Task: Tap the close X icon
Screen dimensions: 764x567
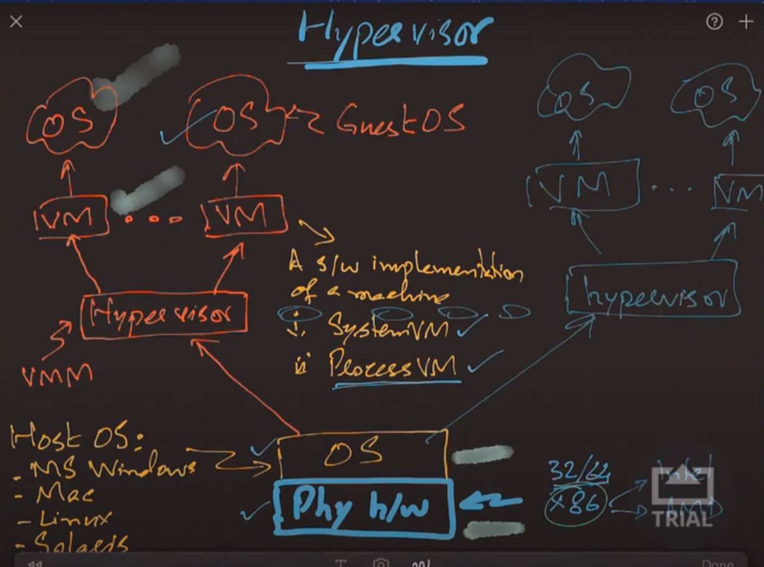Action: (x=16, y=22)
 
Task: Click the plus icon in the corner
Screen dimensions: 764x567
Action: (x=745, y=22)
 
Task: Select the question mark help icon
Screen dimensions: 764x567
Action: (x=714, y=22)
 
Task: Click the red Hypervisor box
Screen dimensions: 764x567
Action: (x=164, y=315)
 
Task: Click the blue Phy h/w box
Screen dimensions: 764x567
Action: (x=363, y=507)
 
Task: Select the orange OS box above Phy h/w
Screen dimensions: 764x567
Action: (x=362, y=454)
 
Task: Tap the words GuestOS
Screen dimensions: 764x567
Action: (x=401, y=120)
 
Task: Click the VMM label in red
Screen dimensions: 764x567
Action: (x=57, y=375)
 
